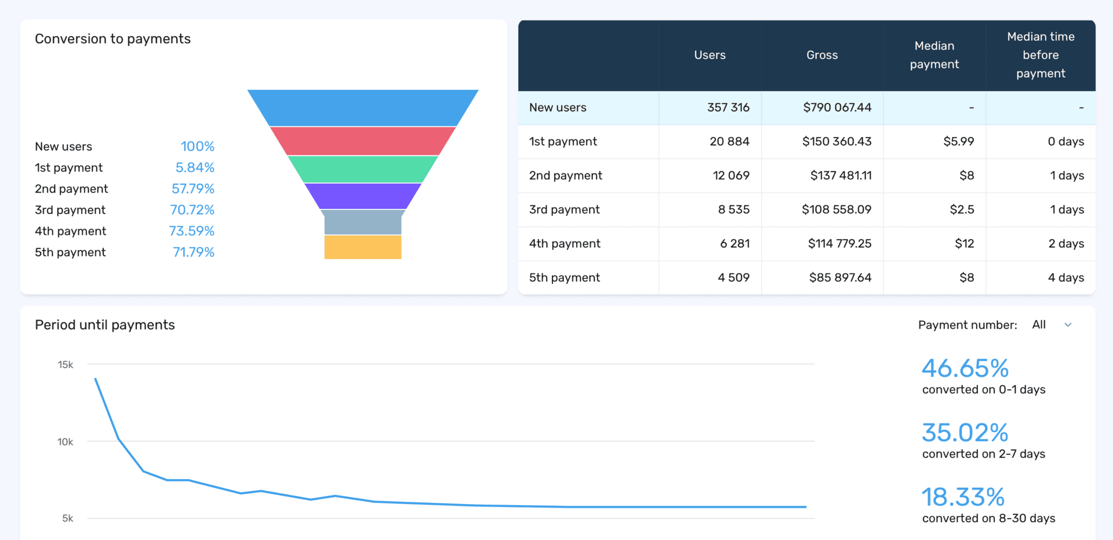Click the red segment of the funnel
pos(362,141)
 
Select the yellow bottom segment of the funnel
pos(362,247)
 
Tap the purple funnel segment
pos(362,196)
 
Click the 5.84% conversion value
pos(195,168)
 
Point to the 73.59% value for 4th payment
pos(191,231)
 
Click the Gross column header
pos(821,55)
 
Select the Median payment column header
pos(934,55)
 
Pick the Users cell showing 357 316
pos(728,107)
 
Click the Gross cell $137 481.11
pos(841,175)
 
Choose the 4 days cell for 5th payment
pos(1065,277)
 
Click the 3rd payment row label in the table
pos(564,209)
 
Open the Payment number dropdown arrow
pos(1068,325)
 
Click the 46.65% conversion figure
pos(965,368)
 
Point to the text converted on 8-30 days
pos(988,518)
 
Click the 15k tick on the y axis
pos(66,365)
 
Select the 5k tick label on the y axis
pos(68,519)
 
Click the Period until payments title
pos(105,325)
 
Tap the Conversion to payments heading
pos(112,39)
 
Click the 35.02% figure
pos(965,433)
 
